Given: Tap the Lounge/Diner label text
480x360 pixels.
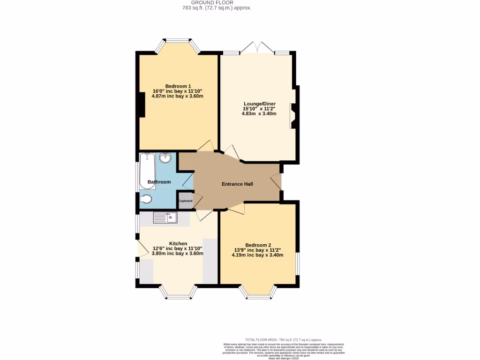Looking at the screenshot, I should pos(259,104).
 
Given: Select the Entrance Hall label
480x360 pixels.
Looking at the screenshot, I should pos(237,184).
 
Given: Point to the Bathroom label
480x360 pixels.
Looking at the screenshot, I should pos(159,182).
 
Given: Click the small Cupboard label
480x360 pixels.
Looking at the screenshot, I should pos(185,201).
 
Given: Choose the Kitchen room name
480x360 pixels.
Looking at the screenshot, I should pos(178,244).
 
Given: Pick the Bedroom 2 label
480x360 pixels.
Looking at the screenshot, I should pos(258,245).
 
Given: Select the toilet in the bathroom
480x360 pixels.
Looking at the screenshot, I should pos(145,199).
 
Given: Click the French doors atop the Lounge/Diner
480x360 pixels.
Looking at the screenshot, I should pos(255,48).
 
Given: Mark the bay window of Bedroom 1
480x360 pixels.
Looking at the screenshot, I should pos(177,43).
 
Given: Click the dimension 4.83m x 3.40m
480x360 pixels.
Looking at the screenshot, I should pos(259,113).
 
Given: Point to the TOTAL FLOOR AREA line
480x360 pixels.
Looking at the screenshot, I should pos(284,339).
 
